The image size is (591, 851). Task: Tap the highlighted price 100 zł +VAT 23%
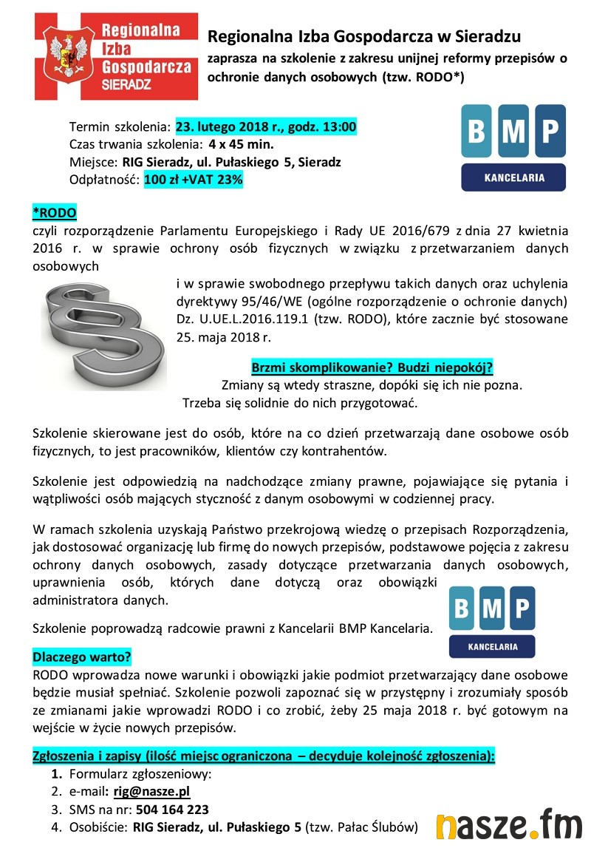193,179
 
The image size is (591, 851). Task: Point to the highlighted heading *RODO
54,213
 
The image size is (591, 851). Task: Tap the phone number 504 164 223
173,809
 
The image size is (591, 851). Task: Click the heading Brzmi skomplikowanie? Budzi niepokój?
372,367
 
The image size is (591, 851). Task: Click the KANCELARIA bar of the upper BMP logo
513,177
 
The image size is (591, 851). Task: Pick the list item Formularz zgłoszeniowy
140,774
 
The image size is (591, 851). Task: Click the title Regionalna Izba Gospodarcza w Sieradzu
364,36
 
